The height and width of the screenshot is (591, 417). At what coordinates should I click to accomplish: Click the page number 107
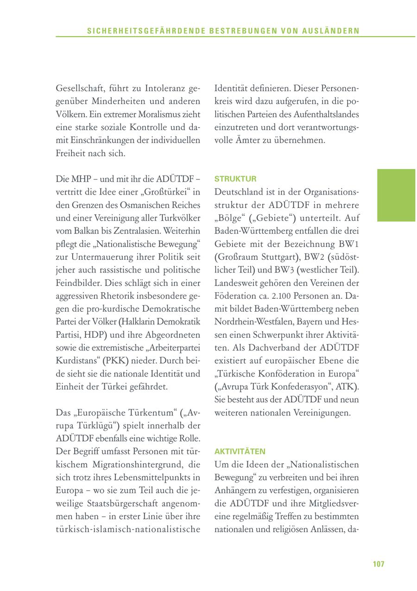click(x=379, y=564)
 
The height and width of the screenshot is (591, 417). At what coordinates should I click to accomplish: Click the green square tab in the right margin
click(x=396, y=195)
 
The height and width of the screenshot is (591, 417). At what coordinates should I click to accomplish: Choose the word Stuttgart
click(x=275, y=256)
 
